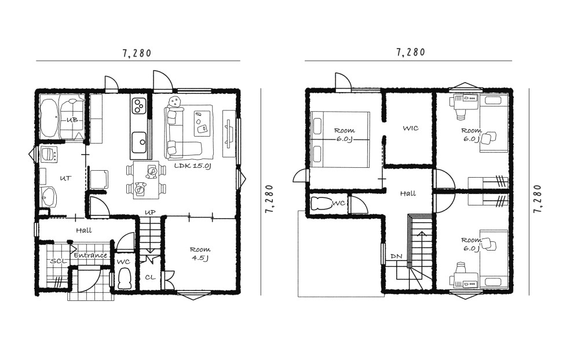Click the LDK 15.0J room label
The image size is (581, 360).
(x=192, y=166)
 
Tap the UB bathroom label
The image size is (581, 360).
(x=72, y=120)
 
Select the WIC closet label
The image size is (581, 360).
(x=411, y=128)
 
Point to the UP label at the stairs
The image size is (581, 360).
(x=150, y=212)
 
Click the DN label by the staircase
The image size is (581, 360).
(x=396, y=256)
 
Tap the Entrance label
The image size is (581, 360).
(x=90, y=255)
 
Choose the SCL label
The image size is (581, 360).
(x=58, y=261)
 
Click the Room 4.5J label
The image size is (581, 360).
(x=200, y=254)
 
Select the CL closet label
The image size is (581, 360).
(x=150, y=277)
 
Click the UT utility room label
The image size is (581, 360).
(x=65, y=178)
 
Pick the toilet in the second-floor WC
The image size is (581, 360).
(x=321, y=204)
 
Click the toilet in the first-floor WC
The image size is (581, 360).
(x=124, y=278)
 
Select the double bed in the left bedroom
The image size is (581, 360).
(x=341, y=139)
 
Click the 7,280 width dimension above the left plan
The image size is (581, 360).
(x=137, y=53)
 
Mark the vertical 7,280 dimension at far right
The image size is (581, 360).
(x=538, y=198)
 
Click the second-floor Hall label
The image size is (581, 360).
(x=408, y=193)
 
